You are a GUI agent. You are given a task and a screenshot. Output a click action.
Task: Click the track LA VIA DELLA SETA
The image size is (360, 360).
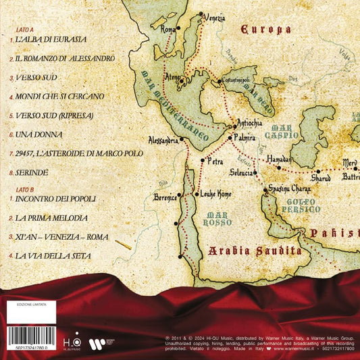pos(54,256)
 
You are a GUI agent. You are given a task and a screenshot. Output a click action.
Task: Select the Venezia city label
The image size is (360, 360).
pos(213,17)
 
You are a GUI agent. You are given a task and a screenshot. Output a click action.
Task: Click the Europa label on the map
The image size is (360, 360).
pos(266,29)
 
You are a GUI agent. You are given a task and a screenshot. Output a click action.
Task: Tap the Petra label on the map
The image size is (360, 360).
pos(215,162)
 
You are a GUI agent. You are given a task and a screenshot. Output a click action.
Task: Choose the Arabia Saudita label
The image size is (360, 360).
pos(253,251)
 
